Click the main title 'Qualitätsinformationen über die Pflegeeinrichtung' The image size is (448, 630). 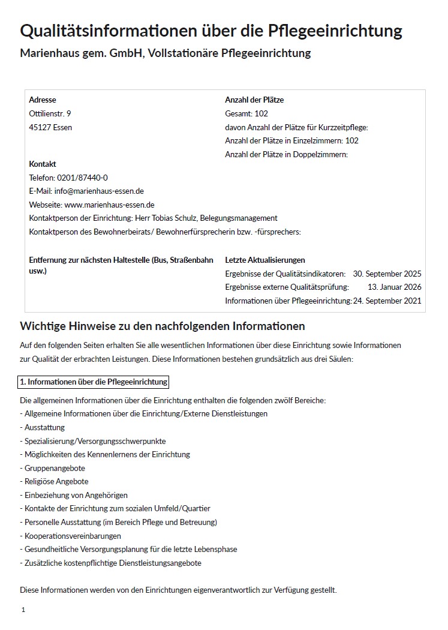click(211, 31)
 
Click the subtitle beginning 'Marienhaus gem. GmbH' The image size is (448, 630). click(166, 53)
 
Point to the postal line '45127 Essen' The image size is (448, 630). click(50, 127)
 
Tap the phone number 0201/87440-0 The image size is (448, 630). click(82, 178)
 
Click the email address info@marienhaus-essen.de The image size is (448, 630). click(99, 191)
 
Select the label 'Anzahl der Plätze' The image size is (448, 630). click(254, 100)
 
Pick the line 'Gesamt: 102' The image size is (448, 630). click(246, 113)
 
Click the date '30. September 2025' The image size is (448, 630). click(387, 274)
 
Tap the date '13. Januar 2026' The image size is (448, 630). click(395, 287)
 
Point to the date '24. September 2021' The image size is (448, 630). click(387, 301)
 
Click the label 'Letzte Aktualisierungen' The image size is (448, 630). click(265, 260)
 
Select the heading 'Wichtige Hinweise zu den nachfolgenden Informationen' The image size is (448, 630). click(163, 326)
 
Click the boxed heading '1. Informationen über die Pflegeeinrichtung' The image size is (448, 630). click(94, 382)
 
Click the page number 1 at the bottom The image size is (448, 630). click(23, 610)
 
